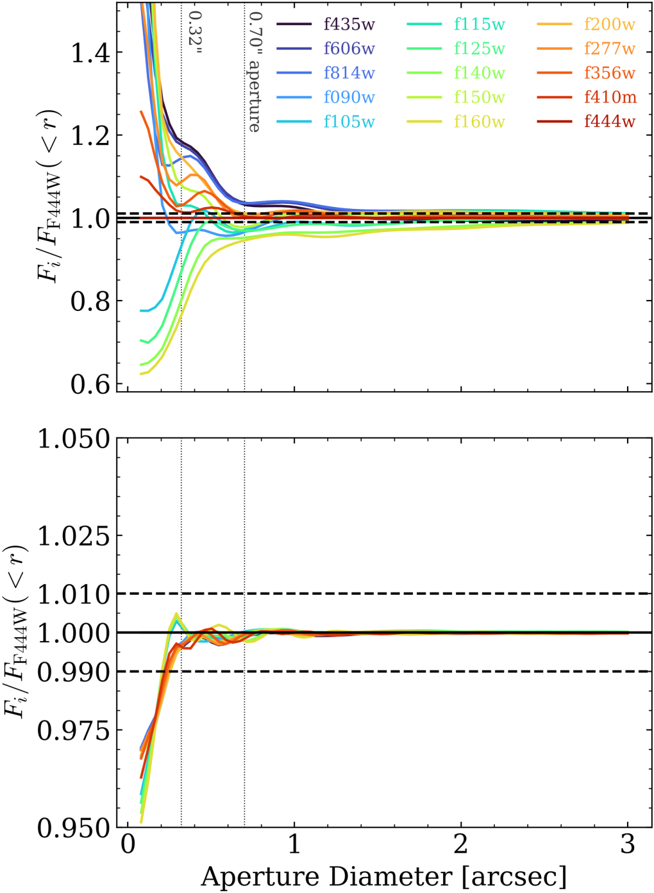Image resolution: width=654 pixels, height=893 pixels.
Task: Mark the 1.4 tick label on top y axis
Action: [x=90, y=53]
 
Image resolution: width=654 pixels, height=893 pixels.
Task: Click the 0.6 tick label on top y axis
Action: [x=90, y=384]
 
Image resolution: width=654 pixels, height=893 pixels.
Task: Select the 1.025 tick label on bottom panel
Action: [x=74, y=535]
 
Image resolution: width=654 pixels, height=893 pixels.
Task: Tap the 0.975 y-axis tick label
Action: [x=74, y=730]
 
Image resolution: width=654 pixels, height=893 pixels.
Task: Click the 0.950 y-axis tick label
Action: [x=74, y=828]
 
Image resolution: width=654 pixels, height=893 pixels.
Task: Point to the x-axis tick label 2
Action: [x=461, y=844]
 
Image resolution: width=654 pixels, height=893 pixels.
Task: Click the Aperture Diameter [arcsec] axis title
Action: [x=383, y=876]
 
